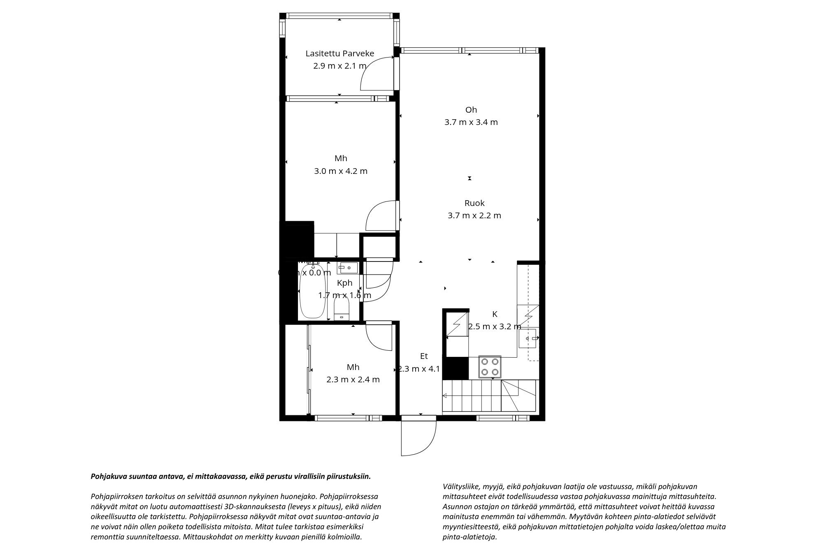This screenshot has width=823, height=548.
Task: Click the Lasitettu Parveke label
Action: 339,53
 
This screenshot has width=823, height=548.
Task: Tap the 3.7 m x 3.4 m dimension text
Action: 471,122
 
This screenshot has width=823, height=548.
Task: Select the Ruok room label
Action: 474,203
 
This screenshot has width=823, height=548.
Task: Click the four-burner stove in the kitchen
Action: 490,367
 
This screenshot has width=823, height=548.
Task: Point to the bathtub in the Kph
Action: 312,292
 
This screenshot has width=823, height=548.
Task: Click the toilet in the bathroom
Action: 342,309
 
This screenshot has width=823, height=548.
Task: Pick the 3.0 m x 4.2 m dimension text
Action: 340,171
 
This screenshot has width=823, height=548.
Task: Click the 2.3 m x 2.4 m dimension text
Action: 353,379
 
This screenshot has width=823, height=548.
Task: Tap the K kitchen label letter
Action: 495,314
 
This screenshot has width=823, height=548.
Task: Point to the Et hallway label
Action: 423,356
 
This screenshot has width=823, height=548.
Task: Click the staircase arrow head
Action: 445,396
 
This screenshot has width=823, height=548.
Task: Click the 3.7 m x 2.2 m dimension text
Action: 474,215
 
